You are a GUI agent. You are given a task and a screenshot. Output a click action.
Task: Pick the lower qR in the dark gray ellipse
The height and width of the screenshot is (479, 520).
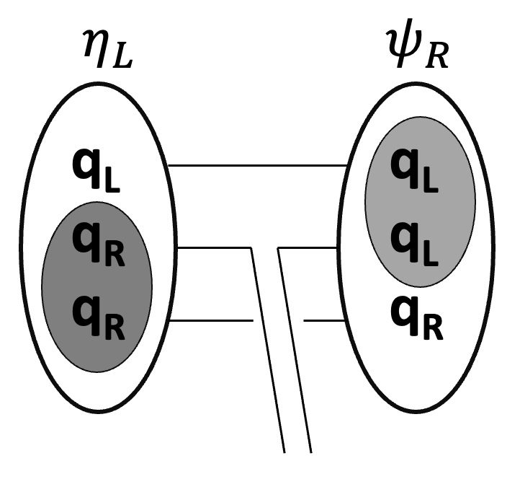pyautogui.click(x=98, y=318)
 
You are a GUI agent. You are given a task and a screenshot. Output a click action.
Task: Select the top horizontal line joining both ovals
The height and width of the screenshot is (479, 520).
pyautogui.click(x=259, y=165)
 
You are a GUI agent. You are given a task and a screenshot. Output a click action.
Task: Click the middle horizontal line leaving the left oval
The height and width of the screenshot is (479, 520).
pyautogui.click(x=212, y=248)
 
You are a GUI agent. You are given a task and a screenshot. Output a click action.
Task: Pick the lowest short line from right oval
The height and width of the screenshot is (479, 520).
pyautogui.click(x=324, y=320)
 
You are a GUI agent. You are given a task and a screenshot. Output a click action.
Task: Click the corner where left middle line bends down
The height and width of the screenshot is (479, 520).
pyautogui.click(x=250, y=249)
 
